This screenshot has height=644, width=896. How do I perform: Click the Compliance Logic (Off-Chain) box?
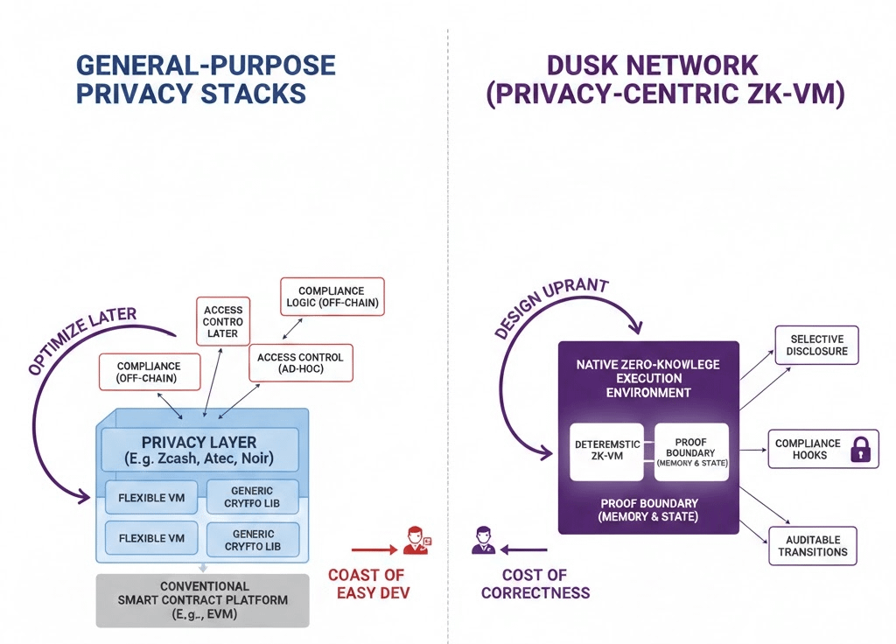[x=332, y=297]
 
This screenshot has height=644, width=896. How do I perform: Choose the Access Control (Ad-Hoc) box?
[x=301, y=363]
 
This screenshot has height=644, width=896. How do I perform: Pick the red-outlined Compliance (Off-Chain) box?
[x=148, y=373]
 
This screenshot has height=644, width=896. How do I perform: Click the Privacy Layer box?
[x=200, y=451]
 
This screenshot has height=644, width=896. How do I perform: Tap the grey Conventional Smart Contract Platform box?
[x=203, y=600]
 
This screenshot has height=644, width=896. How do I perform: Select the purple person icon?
[x=481, y=541]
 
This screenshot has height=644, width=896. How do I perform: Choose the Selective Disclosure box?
[x=817, y=346]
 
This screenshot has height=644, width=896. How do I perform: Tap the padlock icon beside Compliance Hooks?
[x=862, y=450]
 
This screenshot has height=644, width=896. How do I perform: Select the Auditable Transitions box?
[x=813, y=546]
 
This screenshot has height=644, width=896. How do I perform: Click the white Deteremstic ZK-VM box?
[x=605, y=451]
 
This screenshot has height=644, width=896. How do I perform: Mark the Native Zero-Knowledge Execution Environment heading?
[x=648, y=378]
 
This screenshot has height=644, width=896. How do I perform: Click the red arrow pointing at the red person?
[x=374, y=550]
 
